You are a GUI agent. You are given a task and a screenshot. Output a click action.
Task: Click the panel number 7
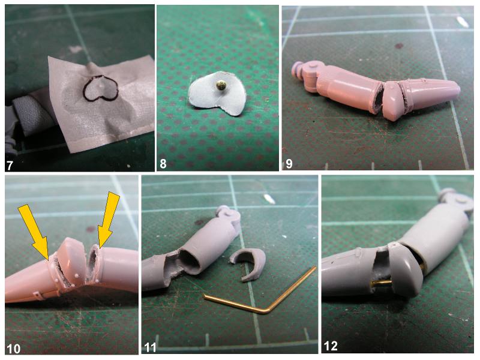(10, 165)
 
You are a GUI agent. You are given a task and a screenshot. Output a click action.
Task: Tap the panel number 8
(163, 164)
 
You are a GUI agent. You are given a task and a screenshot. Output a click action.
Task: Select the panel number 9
(289, 164)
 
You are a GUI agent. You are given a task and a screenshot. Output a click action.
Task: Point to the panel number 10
(14, 349)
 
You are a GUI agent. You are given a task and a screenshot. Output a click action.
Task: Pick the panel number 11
(150, 347)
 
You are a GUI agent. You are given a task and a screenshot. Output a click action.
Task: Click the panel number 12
(331, 346)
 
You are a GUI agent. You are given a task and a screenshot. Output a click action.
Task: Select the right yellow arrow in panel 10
(108, 219)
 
